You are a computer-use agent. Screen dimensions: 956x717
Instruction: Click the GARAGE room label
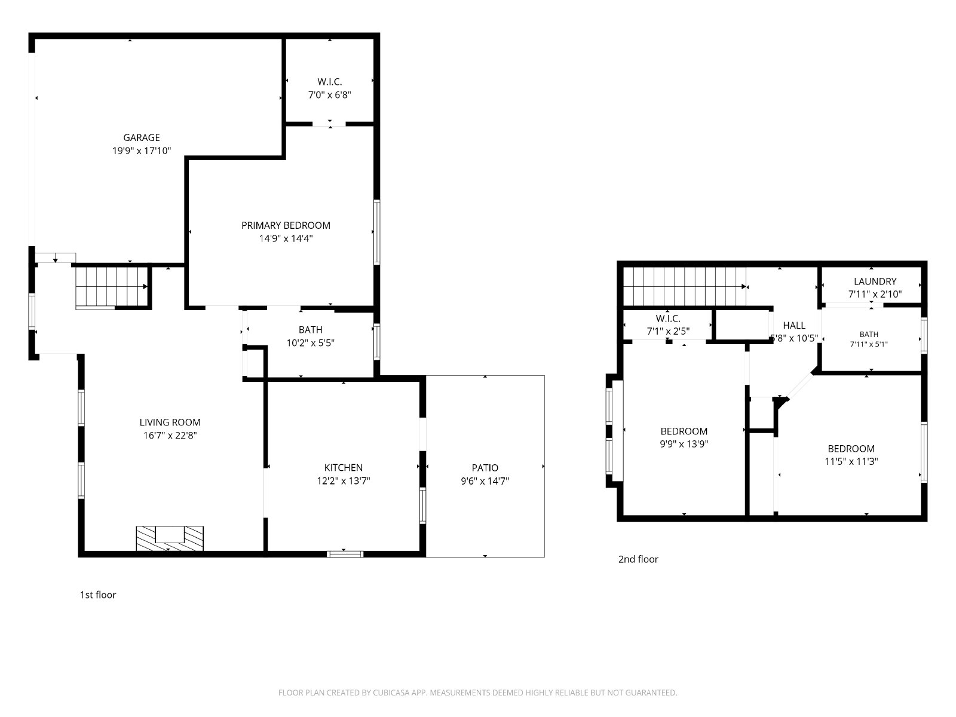click(x=142, y=137)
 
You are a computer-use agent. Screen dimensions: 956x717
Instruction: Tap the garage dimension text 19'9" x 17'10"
click(x=142, y=151)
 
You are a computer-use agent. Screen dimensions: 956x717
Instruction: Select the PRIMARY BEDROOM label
click(x=286, y=225)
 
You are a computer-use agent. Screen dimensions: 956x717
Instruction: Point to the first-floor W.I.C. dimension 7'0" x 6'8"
click(x=330, y=95)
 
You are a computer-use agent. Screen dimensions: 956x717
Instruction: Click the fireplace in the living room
click(x=170, y=538)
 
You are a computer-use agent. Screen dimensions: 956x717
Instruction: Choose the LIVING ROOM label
click(x=170, y=422)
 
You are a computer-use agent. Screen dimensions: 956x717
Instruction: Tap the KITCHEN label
click(x=343, y=468)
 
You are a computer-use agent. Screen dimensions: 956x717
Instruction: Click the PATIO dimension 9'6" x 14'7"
click(x=485, y=481)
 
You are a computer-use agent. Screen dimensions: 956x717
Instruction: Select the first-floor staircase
click(x=112, y=287)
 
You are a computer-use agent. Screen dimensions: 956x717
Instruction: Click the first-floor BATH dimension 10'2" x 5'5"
click(x=310, y=343)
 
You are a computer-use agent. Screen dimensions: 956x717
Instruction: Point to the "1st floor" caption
click(x=98, y=595)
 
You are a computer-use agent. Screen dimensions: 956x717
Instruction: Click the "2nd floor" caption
click(x=638, y=559)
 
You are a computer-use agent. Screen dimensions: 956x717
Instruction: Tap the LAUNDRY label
click(x=875, y=281)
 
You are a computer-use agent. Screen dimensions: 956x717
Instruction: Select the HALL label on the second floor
click(x=794, y=326)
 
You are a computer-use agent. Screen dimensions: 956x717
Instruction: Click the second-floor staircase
click(x=684, y=286)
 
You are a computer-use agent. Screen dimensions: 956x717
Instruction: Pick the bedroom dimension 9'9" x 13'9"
click(x=684, y=444)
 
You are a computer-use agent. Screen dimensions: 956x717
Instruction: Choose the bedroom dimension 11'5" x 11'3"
click(x=851, y=461)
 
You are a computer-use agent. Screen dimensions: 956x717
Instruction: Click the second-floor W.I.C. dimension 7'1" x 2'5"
click(x=667, y=332)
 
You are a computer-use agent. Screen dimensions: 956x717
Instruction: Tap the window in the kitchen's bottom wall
click(x=345, y=554)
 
